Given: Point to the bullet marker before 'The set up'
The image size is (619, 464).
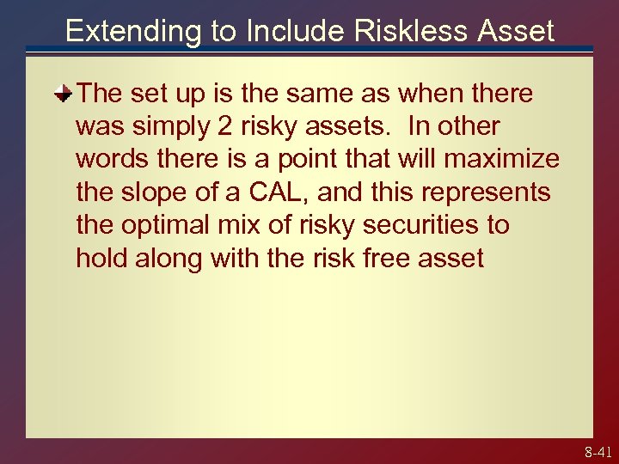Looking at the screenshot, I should [63, 93].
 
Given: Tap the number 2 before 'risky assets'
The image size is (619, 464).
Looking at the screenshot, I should [225, 126].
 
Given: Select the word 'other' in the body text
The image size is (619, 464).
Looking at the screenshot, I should [469, 126].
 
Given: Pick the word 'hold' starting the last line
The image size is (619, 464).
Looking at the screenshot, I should [103, 258].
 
